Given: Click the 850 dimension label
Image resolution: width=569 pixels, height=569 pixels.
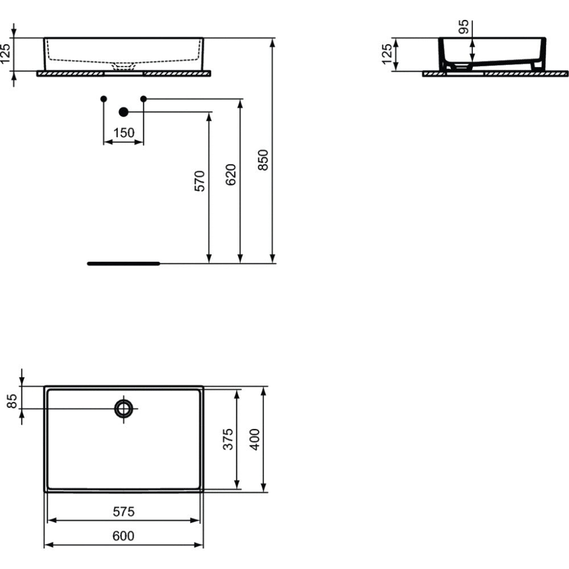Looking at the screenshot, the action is click(x=263, y=160).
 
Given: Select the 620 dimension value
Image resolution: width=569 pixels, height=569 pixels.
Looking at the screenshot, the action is click(x=230, y=175).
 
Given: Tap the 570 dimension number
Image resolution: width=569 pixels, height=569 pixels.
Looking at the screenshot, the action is click(x=200, y=181).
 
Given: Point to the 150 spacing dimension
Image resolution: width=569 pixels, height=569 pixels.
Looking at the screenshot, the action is click(x=123, y=133).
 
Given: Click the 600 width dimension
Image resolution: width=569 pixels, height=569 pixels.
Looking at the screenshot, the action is click(x=123, y=535).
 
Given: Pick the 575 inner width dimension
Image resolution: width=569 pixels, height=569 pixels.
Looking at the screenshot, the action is click(x=123, y=512).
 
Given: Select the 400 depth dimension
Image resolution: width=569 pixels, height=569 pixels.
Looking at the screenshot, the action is click(x=255, y=439).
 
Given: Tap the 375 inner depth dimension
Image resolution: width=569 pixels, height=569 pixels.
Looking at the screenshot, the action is click(x=228, y=439).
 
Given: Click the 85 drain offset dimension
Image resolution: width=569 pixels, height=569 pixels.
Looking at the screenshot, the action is click(x=12, y=401).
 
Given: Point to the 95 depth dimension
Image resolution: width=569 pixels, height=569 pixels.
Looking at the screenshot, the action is click(x=463, y=27).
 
